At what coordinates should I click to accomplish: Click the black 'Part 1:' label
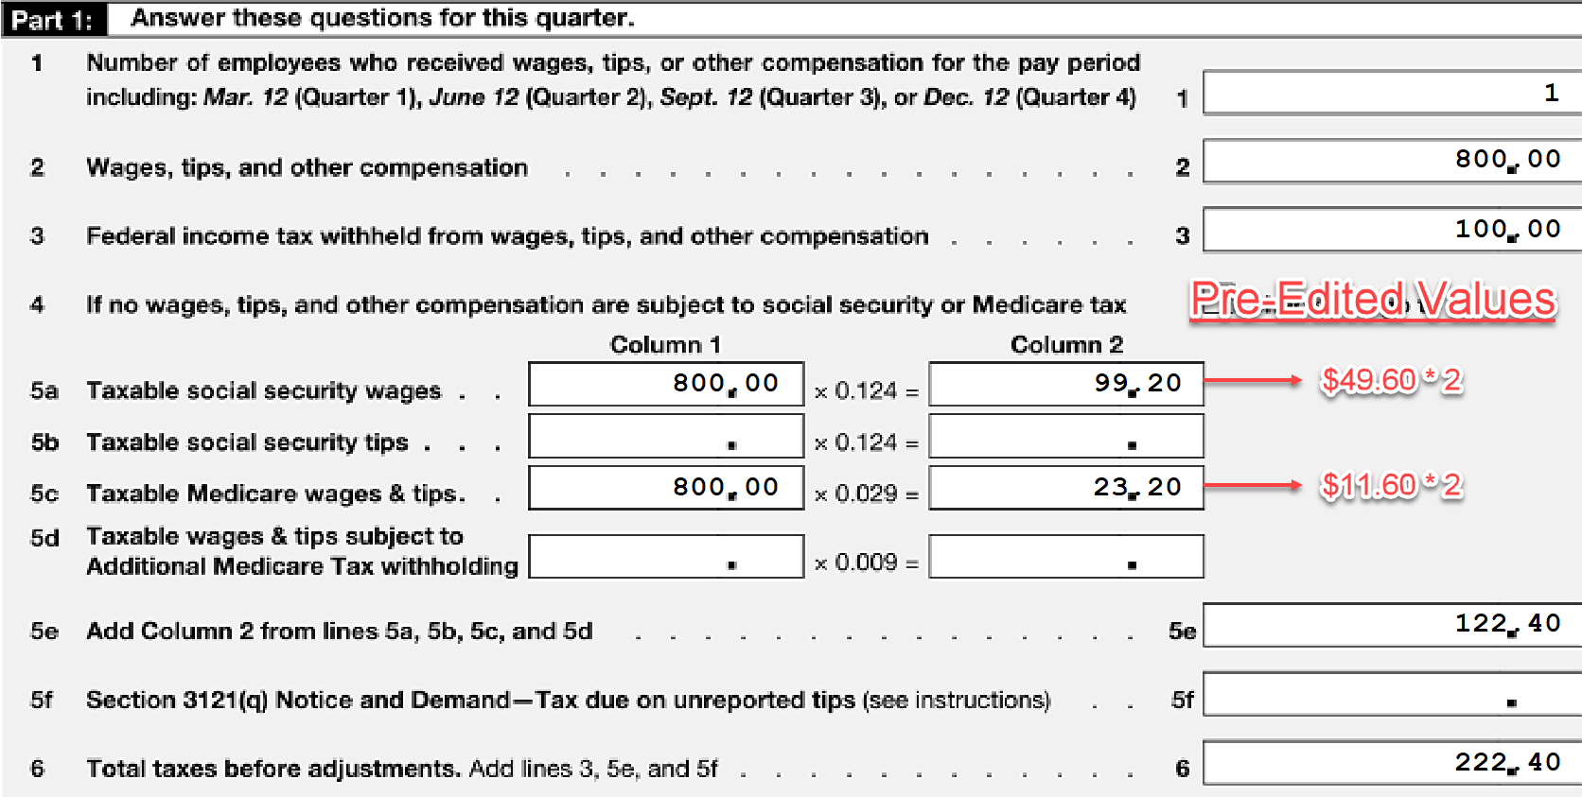tap(54, 19)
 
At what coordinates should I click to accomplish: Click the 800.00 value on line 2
tap(1507, 160)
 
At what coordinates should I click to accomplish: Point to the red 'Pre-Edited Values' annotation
tap(1373, 300)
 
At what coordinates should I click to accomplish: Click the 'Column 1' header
tap(665, 344)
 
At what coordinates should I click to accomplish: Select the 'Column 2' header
tap(1066, 344)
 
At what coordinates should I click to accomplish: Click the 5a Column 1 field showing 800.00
tap(666, 384)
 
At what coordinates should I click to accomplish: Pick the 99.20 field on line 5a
tap(1066, 384)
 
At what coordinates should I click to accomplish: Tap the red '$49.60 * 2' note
tap(1391, 380)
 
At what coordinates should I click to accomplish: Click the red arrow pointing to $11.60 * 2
tap(1252, 485)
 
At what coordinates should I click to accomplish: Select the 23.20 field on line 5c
tap(1066, 488)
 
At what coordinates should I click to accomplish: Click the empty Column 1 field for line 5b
tap(666, 436)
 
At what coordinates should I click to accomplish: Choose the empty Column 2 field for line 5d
tap(1066, 556)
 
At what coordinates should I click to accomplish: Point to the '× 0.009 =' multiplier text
tap(867, 563)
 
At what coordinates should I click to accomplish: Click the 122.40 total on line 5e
tap(1507, 624)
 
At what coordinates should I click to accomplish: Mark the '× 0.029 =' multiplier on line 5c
tap(867, 494)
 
